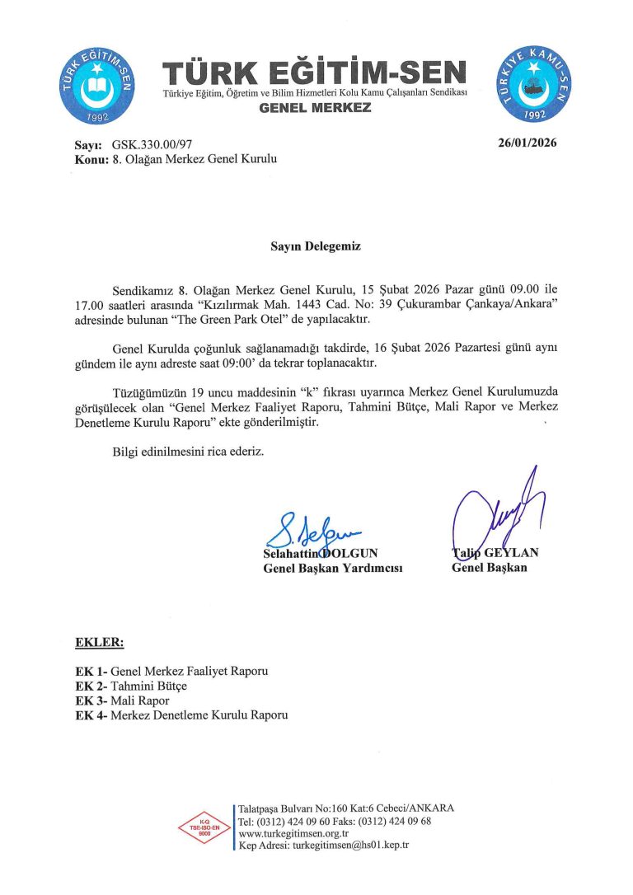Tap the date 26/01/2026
click(x=527, y=143)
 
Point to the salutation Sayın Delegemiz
click(x=316, y=246)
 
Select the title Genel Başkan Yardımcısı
click(x=332, y=568)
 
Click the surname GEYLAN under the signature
click(x=510, y=553)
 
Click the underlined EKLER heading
click(x=99, y=641)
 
